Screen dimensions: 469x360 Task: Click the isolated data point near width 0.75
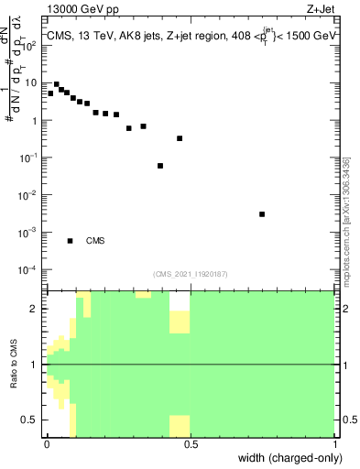pos(262,214)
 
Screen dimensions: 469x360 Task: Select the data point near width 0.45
pos(180,138)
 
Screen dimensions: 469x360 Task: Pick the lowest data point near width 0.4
pos(160,166)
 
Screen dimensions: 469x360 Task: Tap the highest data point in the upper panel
pos(56,84)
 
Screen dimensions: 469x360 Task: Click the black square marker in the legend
pos(70,241)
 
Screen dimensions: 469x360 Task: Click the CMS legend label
pos(95,241)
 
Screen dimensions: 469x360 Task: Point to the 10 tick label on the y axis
pos(31,83)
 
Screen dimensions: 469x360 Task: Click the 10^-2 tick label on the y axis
pos(29,195)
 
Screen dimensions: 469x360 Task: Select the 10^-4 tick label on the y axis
pos(29,270)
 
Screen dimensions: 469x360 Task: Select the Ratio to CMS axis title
pos(13,365)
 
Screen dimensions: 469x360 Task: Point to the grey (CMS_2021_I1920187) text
pos(190,273)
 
